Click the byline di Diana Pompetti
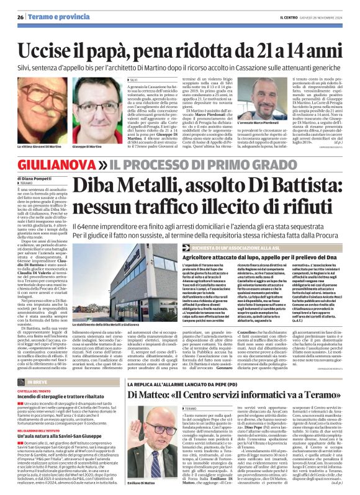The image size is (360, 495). tap(34, 179)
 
